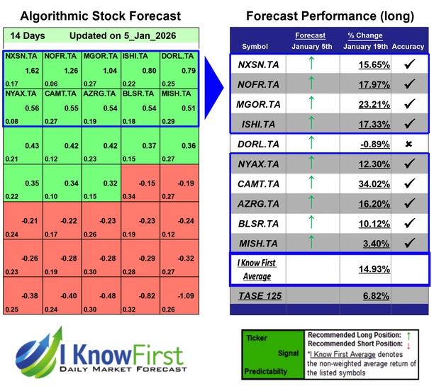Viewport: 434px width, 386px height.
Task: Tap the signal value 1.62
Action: pos(30,70)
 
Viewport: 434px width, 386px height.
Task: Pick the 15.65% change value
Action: pos(356,64)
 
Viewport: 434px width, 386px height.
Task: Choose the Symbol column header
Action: pos(255,47)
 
